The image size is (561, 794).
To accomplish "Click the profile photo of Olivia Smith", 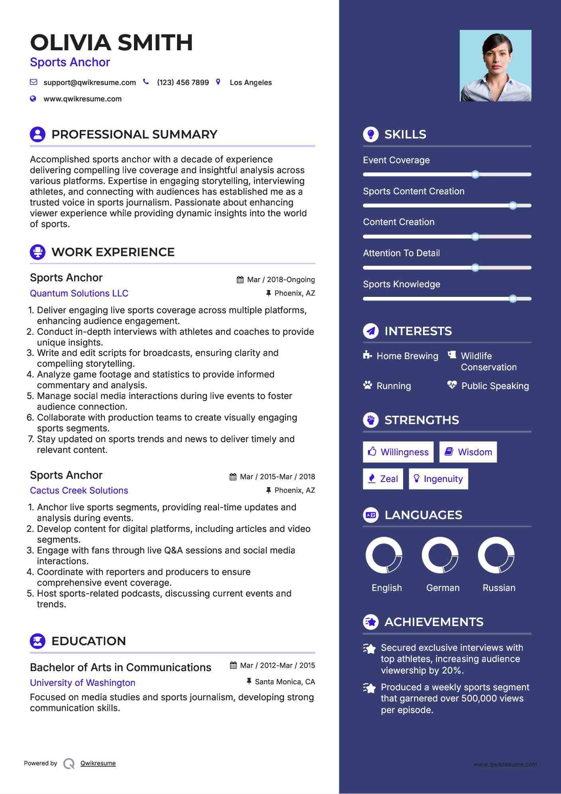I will [495, 65].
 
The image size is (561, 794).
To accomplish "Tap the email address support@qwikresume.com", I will [89, 83].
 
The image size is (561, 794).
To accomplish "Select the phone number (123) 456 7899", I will [183, 83].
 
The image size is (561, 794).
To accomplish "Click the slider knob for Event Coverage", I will [475, 174].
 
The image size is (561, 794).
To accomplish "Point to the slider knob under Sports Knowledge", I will [513, 298].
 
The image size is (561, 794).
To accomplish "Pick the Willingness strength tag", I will [398, 452].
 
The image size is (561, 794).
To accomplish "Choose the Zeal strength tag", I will [383, 479].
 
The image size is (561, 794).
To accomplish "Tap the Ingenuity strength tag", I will [438, 479].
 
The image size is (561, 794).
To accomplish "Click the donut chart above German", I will [440, 555].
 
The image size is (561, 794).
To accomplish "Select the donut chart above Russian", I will [496, 555].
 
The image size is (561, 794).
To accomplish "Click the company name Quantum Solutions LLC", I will [79, 293].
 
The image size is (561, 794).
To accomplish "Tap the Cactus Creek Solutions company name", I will [79, 490].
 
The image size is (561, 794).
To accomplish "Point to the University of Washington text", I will [83, 683].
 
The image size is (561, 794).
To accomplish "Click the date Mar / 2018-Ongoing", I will [281, 280].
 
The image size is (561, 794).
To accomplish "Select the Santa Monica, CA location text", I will [285, 682].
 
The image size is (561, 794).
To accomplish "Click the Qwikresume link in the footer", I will [98, 763].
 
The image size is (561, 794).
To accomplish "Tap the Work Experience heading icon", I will [37, 252].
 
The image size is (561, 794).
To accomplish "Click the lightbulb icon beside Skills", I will [371, 134].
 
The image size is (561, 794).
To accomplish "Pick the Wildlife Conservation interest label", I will [488, 361].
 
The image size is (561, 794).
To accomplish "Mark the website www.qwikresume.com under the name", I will [83, 99].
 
